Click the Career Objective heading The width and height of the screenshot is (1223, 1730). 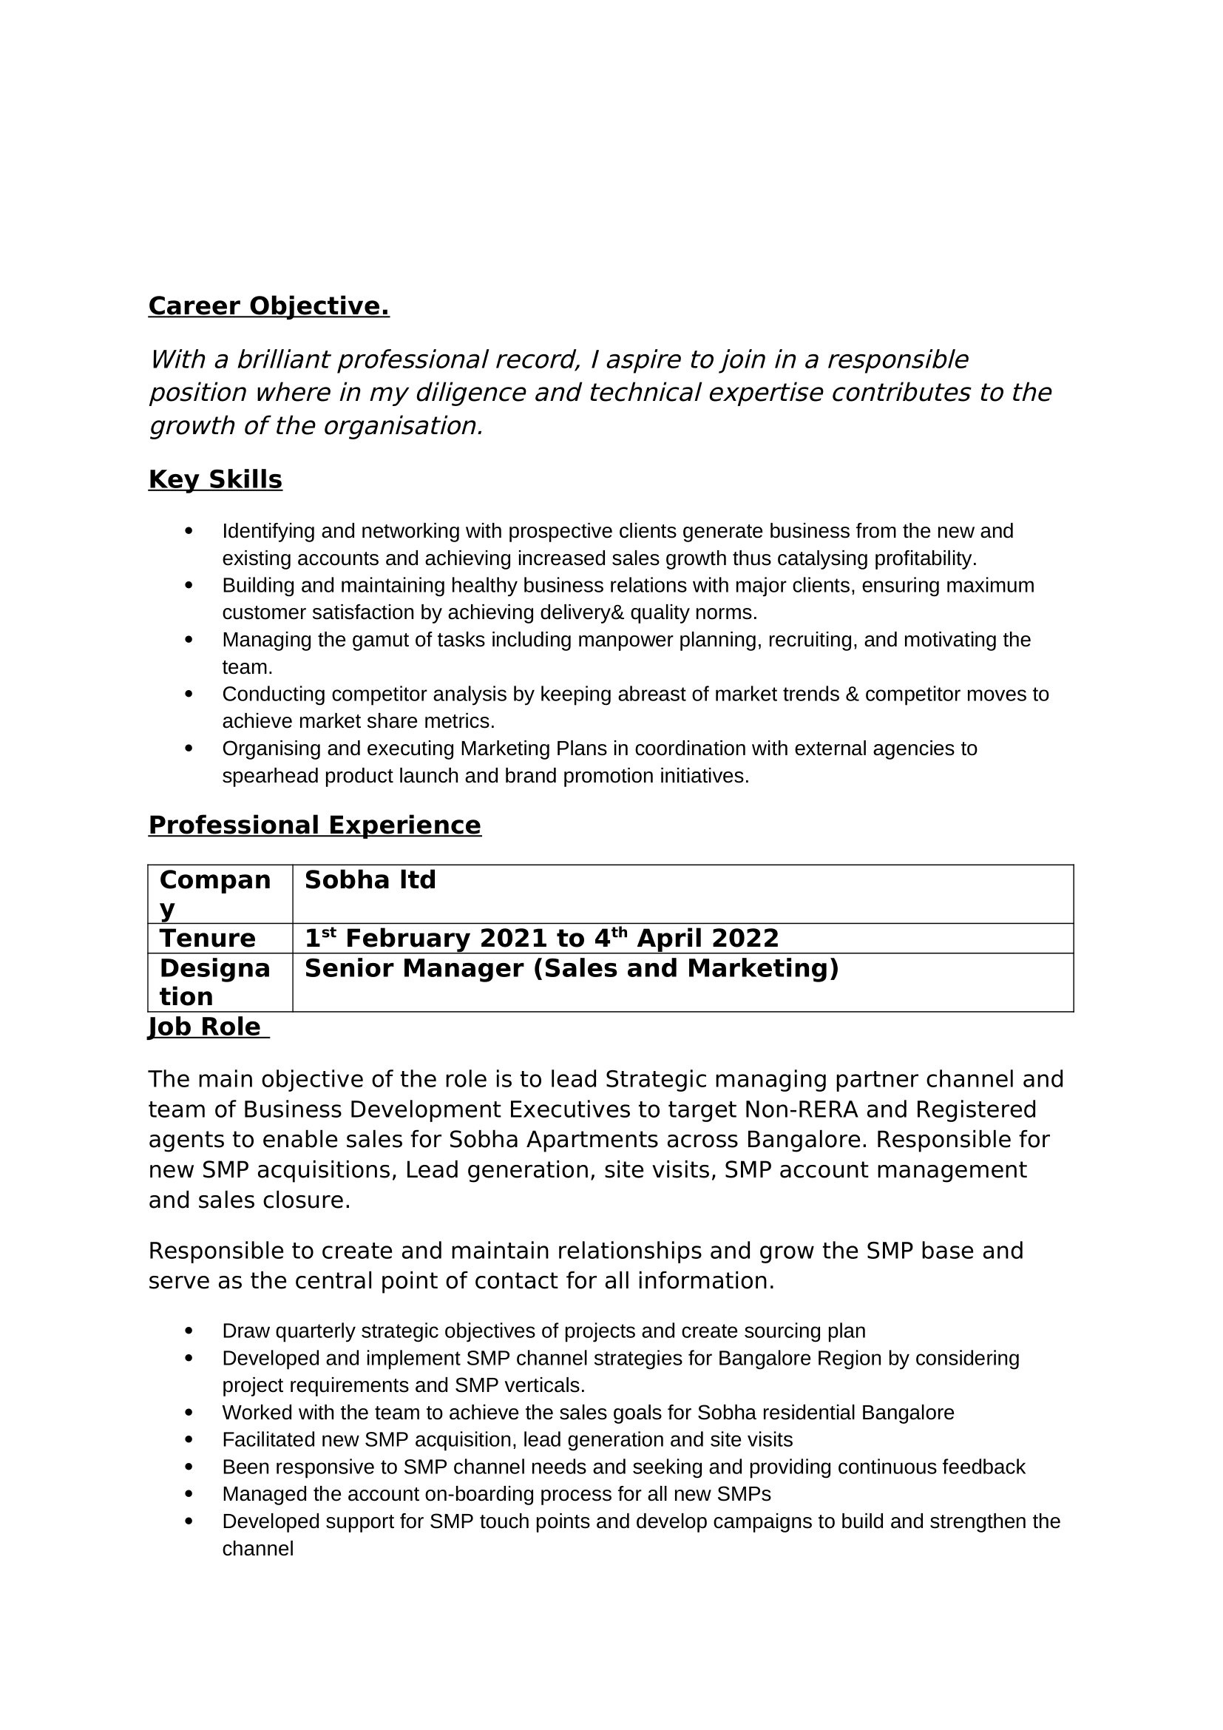click(x=268, y=306)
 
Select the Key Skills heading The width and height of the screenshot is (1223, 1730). click(x=214, y=479)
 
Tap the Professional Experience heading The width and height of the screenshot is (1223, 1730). click(x=314, y=825)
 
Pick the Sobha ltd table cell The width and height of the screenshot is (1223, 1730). click(x=370, y=880)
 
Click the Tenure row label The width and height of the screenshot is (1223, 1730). click(x=207, y=938)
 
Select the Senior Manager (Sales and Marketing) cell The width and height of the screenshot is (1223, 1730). click(x=571, y=968)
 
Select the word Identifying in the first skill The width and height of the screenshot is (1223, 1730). click(x=268, y=531)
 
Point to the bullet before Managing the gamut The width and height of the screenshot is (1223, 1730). click(x=189, y=640)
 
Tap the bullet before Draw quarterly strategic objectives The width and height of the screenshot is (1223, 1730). click(x=189, y=1331)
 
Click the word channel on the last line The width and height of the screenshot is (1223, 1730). click(x=257, y=1550)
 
